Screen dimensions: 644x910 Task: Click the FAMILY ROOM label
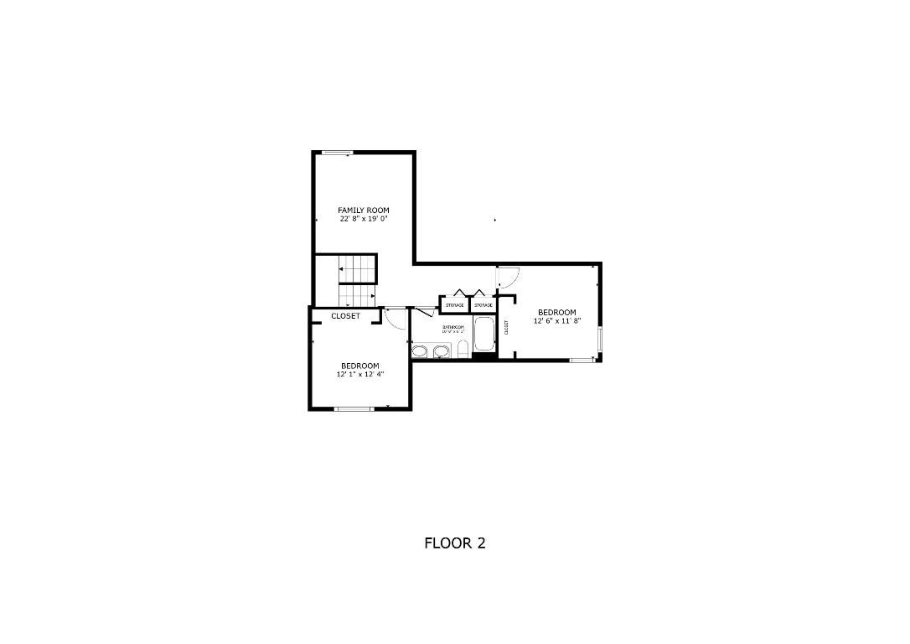pos(364,210)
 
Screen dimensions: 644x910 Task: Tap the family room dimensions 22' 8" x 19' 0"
pos(364,220)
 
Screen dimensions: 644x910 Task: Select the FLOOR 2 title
pos(455,543)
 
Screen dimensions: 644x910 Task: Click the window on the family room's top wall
pos(337,153)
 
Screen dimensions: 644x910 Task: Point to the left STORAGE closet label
pos(454,305)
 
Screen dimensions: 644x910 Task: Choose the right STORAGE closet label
pos(483,305)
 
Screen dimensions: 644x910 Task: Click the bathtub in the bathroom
pos(484,335)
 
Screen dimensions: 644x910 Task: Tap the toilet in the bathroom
pos(463,349)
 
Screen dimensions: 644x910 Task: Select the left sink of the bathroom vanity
pos(420,349)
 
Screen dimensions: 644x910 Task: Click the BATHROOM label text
pos(453,327)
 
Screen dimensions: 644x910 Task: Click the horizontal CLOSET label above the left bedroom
pos(345,316)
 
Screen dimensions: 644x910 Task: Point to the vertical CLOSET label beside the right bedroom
pos(506,328)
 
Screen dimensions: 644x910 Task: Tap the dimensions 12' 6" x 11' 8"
pos(557,320)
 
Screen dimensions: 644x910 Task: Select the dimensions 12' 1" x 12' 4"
pos(360,374)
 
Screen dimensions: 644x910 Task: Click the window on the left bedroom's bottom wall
pos(354,408)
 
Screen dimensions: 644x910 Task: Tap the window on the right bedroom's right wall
pos(600,340)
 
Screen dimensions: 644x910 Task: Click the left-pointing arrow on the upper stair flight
pos(342,269)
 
